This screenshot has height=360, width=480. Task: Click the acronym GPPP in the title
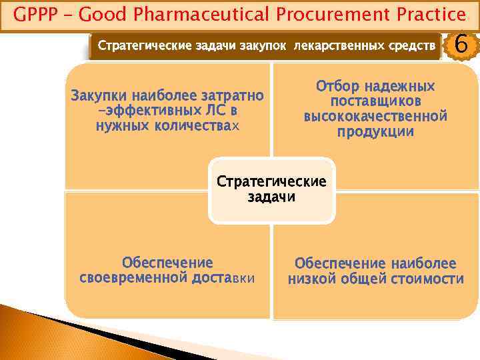(35, 14)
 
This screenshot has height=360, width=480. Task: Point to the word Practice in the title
(430, 14)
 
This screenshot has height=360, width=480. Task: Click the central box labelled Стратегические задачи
(271, 190)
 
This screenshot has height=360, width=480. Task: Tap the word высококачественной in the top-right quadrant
(375, 117)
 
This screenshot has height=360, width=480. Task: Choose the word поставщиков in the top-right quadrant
(375, 101)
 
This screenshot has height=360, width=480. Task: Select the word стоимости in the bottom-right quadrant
(431, 279)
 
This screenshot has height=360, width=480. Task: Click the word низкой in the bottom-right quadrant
(311, 279)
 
